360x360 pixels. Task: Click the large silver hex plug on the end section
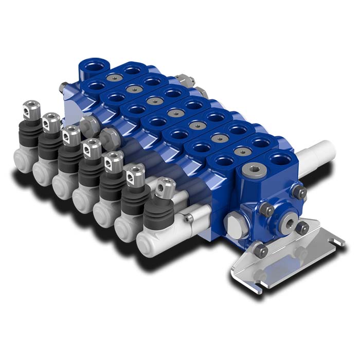click(x=232, y=224)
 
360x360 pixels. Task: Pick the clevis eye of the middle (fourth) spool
click(x=92, y=147)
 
